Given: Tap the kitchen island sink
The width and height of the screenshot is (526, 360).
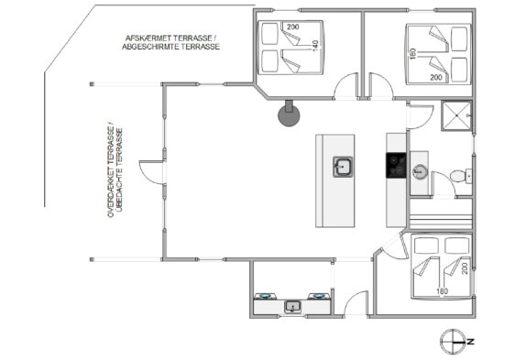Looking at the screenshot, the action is [x=343, y=167].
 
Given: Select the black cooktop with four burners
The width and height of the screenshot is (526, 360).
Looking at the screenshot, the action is [x=396, y=165].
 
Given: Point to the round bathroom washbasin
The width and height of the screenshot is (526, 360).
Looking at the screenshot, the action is [x=420, y=172].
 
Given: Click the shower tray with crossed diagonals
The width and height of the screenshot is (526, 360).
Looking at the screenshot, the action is [x=456, y=115].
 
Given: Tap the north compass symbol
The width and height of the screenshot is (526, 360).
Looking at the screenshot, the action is [x=453, y=342].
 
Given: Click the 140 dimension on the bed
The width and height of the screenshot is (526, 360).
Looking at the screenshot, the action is [x=315, y=46].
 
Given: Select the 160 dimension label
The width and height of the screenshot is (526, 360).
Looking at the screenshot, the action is [x=413, y=54].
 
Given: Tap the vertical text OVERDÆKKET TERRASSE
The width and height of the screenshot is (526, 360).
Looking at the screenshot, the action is [x=110, y=172].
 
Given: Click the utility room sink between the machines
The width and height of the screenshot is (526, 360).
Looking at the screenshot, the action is [x=292, y=306].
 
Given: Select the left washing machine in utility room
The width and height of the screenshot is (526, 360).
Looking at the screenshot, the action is [x=265, y=296].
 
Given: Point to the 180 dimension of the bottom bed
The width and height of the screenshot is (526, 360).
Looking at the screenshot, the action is [x=442, y=291].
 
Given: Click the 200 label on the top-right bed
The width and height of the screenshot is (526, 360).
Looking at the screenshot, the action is [x=436, y=78].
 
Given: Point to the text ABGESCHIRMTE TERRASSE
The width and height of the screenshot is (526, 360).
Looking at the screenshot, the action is [x=170, y=47].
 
